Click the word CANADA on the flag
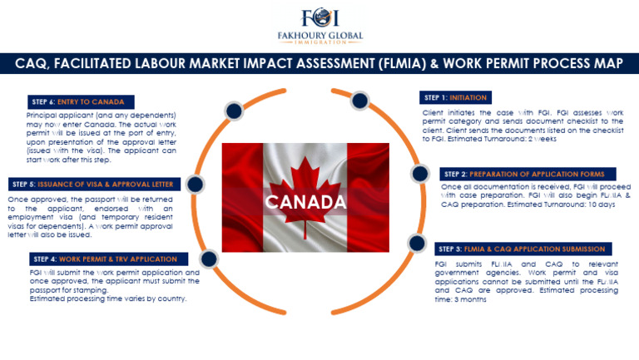(x=305, y=202)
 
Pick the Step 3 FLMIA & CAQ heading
(x=523, y=249)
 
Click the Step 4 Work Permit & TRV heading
(x=105, y=259)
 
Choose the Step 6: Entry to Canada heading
(x=77, y=101)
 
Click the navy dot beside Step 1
(x=359, y=101)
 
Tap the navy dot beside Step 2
(x=419, y=174)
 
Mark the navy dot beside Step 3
(x=415, y=243)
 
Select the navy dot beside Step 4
(x=209, y=259)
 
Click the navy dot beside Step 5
(x=195, y=183)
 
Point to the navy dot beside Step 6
(x=233, y=110)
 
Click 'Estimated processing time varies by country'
(x=108, y=298)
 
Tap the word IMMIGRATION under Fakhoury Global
(x=319, y=42)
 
